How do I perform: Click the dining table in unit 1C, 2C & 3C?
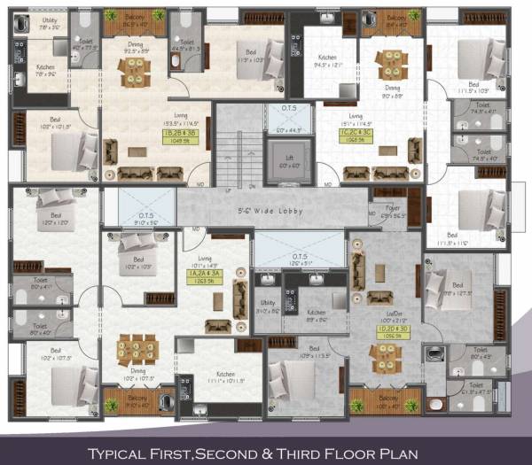click(x=390, y=64)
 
